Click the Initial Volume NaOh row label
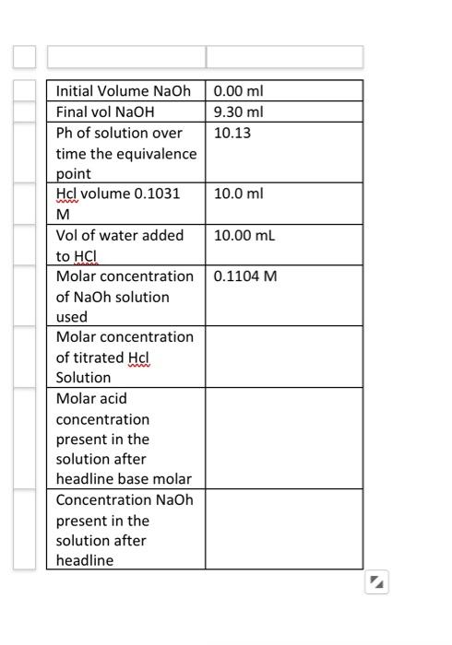coord(123,91)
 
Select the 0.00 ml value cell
coord(238,91)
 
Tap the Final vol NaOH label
coord(105,112)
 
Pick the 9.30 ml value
coord(238,112)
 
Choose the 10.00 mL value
coord(244,236)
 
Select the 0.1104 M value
coord(244,276)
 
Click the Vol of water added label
coord(120,236)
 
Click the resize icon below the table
coord(376,582)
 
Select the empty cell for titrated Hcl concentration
coord(283,357)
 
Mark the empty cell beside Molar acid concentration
coord(283,438)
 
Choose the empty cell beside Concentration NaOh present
coord(283,529)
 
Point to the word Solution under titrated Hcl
coord(83,378)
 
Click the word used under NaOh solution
coord(72,317)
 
